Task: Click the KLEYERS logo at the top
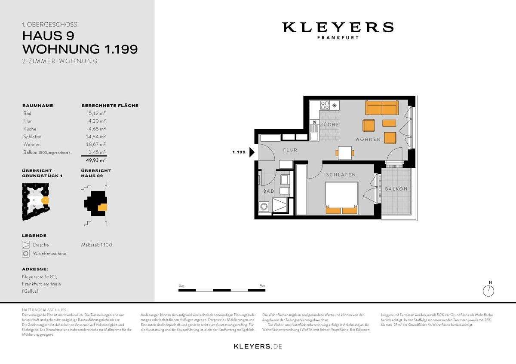tap(338, 27)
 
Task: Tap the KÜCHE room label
tap(329, 124)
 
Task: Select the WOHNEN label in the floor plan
tap(368, 140)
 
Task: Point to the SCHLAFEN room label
tap(341, 175)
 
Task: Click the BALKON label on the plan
tap(396, 189)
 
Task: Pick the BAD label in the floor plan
tap(269, 191)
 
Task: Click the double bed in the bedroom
tap(341, 198)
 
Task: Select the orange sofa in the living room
tap(381, 107)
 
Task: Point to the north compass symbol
tap(488, 291)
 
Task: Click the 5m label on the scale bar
tap(262, 285)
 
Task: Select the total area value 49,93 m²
tap(95, 160)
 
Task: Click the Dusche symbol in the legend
tap(26, 245)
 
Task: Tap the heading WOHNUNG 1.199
tap(80, 49)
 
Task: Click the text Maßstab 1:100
tap(97, 245)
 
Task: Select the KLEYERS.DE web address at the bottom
tap(258, 346)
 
